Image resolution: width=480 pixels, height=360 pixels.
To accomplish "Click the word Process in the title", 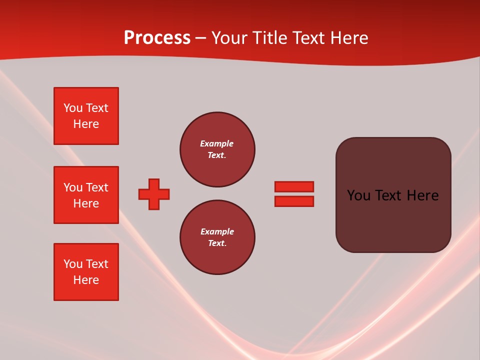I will click(x=157, y=38).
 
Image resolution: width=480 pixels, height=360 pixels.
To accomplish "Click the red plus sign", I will click(x=154, y=194).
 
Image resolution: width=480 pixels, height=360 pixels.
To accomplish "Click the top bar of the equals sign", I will click(x=294, y=186).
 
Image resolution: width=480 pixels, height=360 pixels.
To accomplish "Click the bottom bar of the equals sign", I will click(x=294, y=201).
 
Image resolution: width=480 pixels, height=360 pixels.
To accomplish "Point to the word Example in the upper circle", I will click(x=216, y=143).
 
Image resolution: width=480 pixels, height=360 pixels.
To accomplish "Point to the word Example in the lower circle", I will click(x=216, y=231).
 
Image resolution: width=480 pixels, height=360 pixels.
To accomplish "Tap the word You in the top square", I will click(x=72, y=108).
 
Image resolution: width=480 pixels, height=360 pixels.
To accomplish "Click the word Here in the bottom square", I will click(x=86, y=280).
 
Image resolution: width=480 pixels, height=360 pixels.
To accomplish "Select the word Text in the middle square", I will click(x=97, y=187).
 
